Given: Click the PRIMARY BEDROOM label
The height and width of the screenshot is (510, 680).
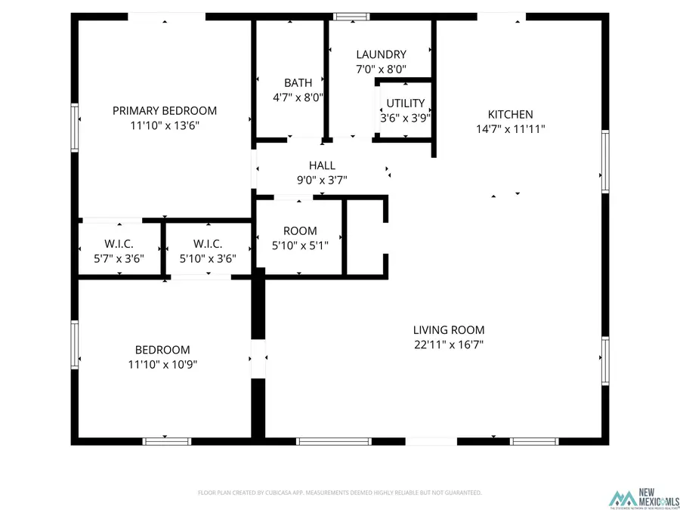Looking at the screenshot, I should (x=164, y=110).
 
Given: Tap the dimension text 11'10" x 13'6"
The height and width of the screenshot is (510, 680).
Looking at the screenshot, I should (x=164, y=126).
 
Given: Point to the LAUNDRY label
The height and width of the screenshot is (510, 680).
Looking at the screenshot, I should (x=381, y=54).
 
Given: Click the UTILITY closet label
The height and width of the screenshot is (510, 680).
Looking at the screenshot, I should (x=405, y=104).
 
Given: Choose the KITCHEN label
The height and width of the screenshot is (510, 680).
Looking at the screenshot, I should (x=510, y=114).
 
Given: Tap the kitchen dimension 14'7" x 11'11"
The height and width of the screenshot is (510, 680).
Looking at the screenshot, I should (x=510, y=128).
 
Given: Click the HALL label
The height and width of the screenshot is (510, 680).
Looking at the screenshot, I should (x=322, y=165).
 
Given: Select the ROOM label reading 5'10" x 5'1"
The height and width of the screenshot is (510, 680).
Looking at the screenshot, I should (x=300, y=230).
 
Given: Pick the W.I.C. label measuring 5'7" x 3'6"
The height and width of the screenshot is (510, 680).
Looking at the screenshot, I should (x=119, y=244).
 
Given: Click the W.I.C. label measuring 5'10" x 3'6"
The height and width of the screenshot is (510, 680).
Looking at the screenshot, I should (x=208, y=244).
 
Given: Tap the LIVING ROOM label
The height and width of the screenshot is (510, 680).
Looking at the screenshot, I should (x=449, y=329).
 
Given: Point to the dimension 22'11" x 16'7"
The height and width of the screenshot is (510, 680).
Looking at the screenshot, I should (x=449, y=345).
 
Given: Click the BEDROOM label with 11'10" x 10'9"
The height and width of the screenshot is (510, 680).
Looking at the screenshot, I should (x=162, y=350).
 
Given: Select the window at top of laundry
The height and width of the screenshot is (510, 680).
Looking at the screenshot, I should (x=348, y=16).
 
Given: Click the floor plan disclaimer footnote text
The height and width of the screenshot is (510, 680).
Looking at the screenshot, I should (x=339, y=493).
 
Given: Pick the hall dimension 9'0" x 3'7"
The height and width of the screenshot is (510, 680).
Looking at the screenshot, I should (x=322, y=180).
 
